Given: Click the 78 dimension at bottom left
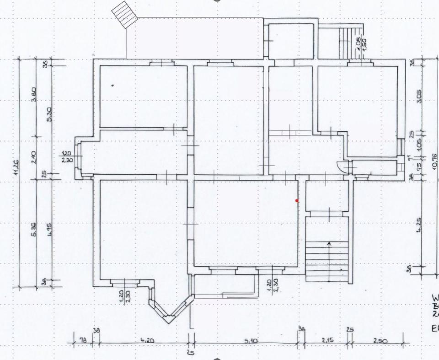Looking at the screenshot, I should [x=83, y=341].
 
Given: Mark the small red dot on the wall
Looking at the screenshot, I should [x=297, y=200].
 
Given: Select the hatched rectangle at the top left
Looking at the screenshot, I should [x=125, y=14].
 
